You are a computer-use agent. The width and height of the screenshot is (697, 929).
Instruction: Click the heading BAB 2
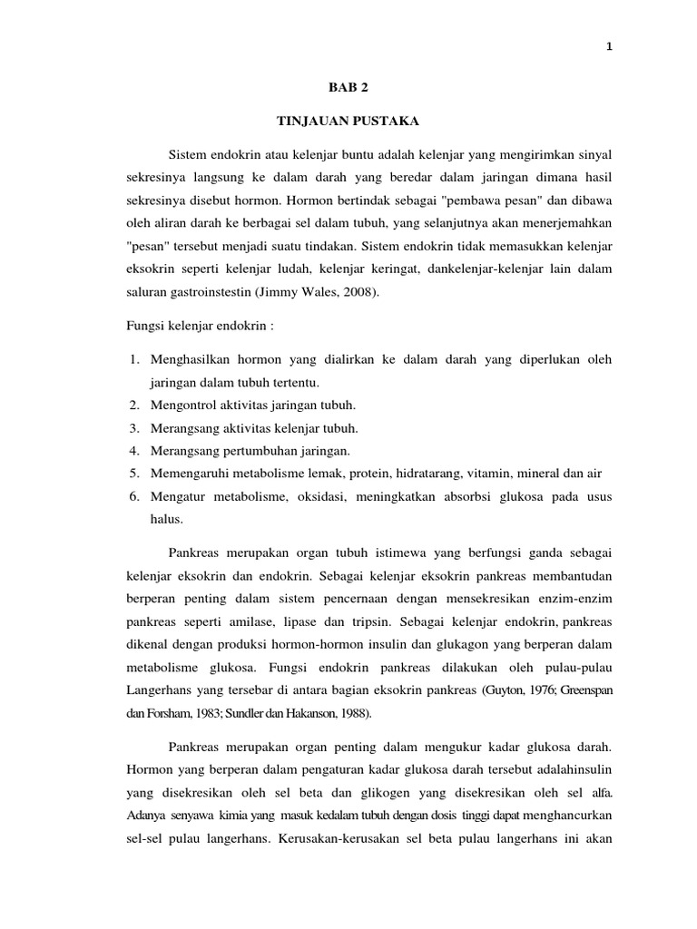(348, 88)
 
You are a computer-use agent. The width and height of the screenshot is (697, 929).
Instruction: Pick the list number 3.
(133, 427)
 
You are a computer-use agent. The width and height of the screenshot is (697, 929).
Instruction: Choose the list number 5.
(133, 473)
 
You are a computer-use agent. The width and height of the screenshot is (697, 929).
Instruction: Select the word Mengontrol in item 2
(184, 404)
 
